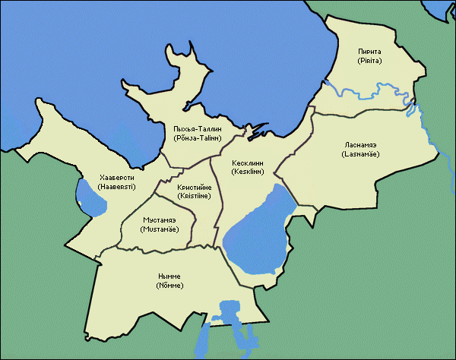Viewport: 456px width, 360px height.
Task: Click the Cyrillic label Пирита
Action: [x=373, y=51]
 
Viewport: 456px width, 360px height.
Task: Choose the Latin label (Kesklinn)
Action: [x=249, y=173]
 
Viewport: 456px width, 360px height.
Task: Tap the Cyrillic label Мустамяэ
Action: [x=159, y=219]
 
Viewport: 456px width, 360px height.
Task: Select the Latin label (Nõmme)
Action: [x=168, y=287]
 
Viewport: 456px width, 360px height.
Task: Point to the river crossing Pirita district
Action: [x=365, y=90]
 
